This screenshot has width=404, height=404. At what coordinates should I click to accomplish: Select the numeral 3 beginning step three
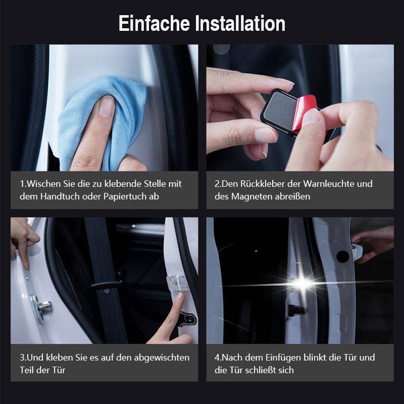click(22, 357)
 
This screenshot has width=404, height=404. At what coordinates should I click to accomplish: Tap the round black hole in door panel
click(342, 256)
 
